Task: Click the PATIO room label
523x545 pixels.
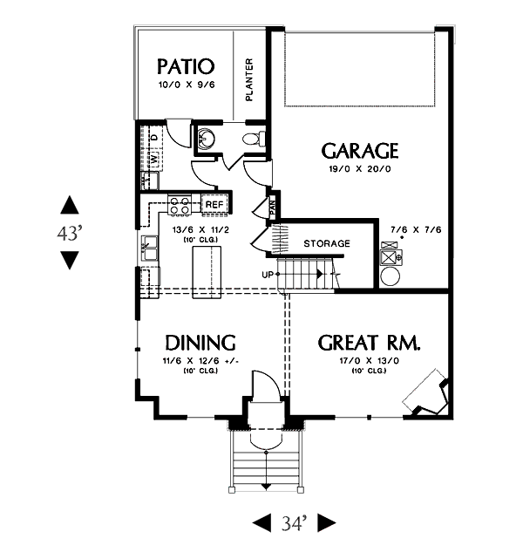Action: pos(185,66)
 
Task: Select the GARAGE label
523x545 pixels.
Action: pos(360,151)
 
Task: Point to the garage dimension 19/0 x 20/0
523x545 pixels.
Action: pos(360,171)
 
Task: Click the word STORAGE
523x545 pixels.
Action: pos(327,243)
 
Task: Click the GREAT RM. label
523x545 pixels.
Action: pos(370,342)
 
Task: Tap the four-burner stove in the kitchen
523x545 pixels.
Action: pos(180,206)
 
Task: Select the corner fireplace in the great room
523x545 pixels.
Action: pos(427,394)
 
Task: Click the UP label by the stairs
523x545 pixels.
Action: pos(268,275)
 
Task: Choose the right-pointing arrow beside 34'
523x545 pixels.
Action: pos(326,523)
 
